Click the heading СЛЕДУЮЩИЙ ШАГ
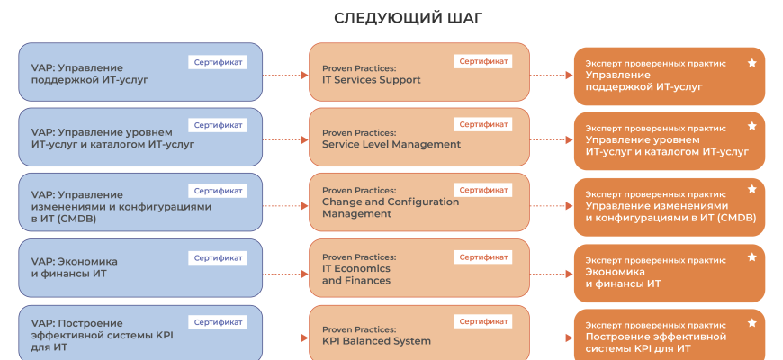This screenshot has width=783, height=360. click(x=391, y=18)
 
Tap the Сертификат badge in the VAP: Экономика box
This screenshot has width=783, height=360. click(x=218, y=257)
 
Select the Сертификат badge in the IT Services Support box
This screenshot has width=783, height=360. click(x=483, y=61)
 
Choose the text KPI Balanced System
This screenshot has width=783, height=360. click(x=376, y=341)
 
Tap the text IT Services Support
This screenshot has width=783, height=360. click(x=371, y=80)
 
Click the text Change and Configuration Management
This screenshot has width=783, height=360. click(x=390, y=208)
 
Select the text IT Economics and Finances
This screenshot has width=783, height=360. click(x=356, y=274)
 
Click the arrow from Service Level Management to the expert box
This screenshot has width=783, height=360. click(x=552, y=139)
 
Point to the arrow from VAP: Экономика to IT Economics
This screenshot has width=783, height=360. click(x=285, y=268)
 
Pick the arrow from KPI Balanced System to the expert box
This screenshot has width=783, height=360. click(x=552, y=335)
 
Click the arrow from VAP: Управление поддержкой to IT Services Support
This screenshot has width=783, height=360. click(x=285, y=75)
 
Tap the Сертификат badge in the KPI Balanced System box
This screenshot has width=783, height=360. click(x=483, y=321)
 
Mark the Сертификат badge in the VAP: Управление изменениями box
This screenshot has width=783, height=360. click(x=218, y=191)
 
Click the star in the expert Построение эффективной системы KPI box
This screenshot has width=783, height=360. click(x=751, y=322)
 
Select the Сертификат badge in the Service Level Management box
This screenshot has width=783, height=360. click(x=483, y=124)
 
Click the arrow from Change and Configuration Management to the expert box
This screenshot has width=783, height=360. click(x=552, y=203)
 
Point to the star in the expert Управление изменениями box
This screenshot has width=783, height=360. click(x=751, y=191)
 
